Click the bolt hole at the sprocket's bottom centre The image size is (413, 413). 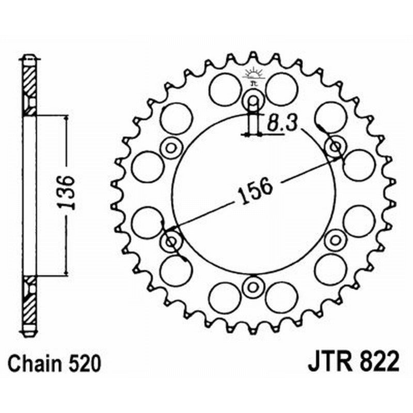[x=253, y=287]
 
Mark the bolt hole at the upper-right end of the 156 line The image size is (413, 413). [x=335, y=147]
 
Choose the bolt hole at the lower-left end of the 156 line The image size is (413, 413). [x=171, y=241]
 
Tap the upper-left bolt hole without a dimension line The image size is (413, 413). [x=171, y=148]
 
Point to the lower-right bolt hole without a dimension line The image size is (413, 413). [x=336, y=240]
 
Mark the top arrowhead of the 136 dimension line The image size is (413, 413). [x=67, y=118]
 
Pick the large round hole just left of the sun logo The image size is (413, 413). [x=225, y=89]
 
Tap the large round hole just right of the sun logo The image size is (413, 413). [x=281, y=89]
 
